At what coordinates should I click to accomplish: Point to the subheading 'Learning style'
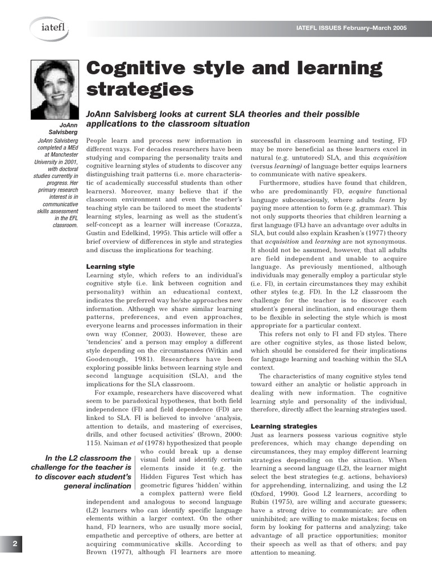coord(110,266)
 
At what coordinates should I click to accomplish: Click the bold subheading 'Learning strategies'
coord(283,426)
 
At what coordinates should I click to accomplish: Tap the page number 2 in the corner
coord(15,544)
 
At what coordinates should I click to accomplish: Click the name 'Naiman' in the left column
coord(100,442)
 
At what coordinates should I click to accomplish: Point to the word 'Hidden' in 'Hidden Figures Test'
coord(154,477)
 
